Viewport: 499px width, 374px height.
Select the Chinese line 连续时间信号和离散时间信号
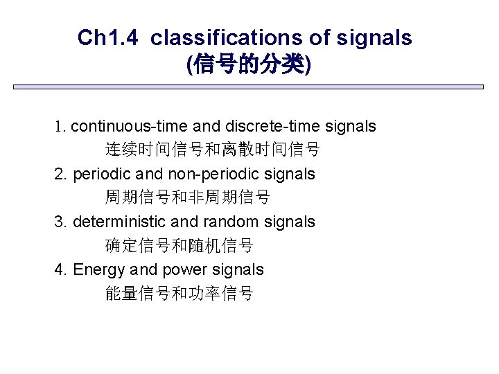click(x=213, y=150)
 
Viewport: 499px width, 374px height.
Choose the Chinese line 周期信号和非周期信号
click(x=188, y=197)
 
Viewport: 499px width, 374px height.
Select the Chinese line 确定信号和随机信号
click(x=180, y=246)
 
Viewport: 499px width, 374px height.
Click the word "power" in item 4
click(x=180, y=269)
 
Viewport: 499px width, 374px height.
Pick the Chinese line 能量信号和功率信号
click(x=180, y=294)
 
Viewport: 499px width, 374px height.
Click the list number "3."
click(x=60, y=222)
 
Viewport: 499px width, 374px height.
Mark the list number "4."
click(x=60, y=269)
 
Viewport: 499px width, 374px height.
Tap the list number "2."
click(x=60, y=174)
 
